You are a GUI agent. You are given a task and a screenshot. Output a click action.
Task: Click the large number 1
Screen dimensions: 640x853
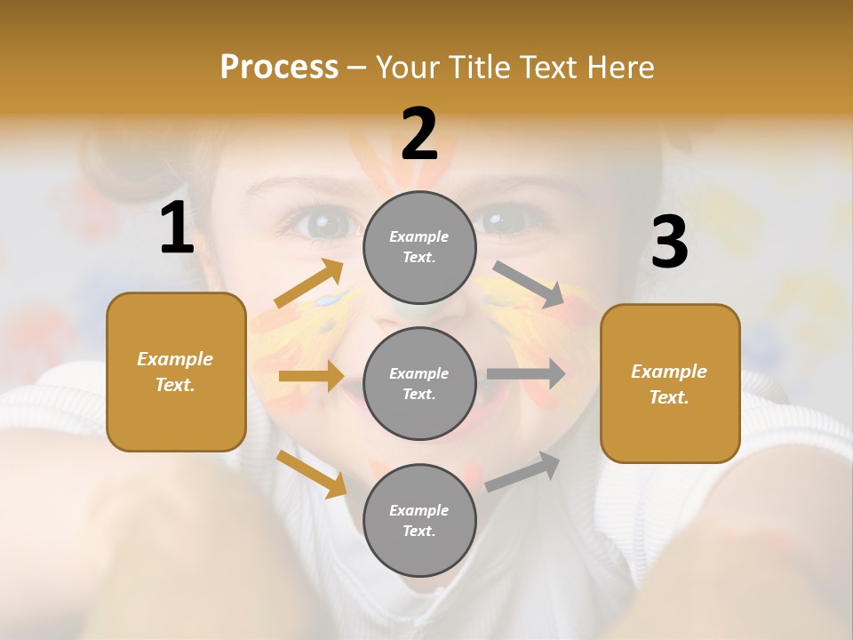click(177, 228)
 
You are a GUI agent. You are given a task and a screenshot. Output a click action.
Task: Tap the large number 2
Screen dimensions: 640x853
click(419, 134)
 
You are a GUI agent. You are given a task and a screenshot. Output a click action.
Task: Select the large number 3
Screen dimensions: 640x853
click(669, 243)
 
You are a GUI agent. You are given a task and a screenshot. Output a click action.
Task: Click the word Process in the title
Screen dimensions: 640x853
click(279, 67)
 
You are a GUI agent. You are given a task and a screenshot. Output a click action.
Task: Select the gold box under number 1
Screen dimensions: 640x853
click(176, 372)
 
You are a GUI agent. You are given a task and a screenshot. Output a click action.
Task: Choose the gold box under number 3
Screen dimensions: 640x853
click(670, 384)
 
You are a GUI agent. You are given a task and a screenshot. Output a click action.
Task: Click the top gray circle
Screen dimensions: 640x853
click(419, 247)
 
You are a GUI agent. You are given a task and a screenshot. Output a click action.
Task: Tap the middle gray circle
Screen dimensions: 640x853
click(419, 384)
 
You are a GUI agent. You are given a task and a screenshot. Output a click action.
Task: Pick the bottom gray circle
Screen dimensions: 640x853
click(419, 521)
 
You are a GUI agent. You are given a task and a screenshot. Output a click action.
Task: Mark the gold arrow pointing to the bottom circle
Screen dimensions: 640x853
click(311, 474)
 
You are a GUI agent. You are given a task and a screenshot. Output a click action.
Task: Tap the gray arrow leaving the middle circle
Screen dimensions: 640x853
click(526, 374)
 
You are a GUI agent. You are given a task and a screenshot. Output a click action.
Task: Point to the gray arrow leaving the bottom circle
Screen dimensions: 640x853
click(523, 471)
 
